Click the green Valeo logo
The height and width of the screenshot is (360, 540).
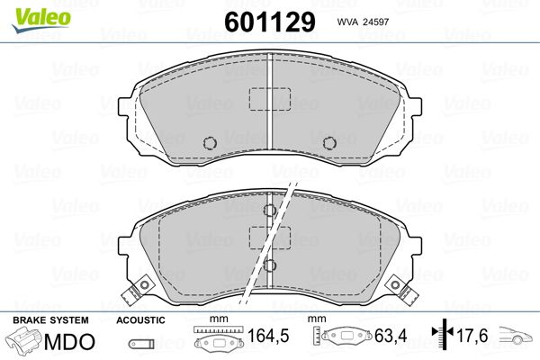[41, 20]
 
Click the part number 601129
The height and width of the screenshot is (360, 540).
[270, 22]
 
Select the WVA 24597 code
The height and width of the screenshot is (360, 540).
[363, 22]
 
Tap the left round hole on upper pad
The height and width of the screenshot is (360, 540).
[210, 142]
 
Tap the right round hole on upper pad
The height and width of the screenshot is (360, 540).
[329, 142]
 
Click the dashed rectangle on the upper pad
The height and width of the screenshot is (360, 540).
[270, 99]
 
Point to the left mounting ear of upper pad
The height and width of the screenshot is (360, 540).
[123, 107]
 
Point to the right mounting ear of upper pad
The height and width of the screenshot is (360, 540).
[416, 107]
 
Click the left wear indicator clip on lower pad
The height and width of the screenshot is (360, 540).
[138, 290]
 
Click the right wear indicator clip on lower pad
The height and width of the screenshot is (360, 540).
[401, 290]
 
